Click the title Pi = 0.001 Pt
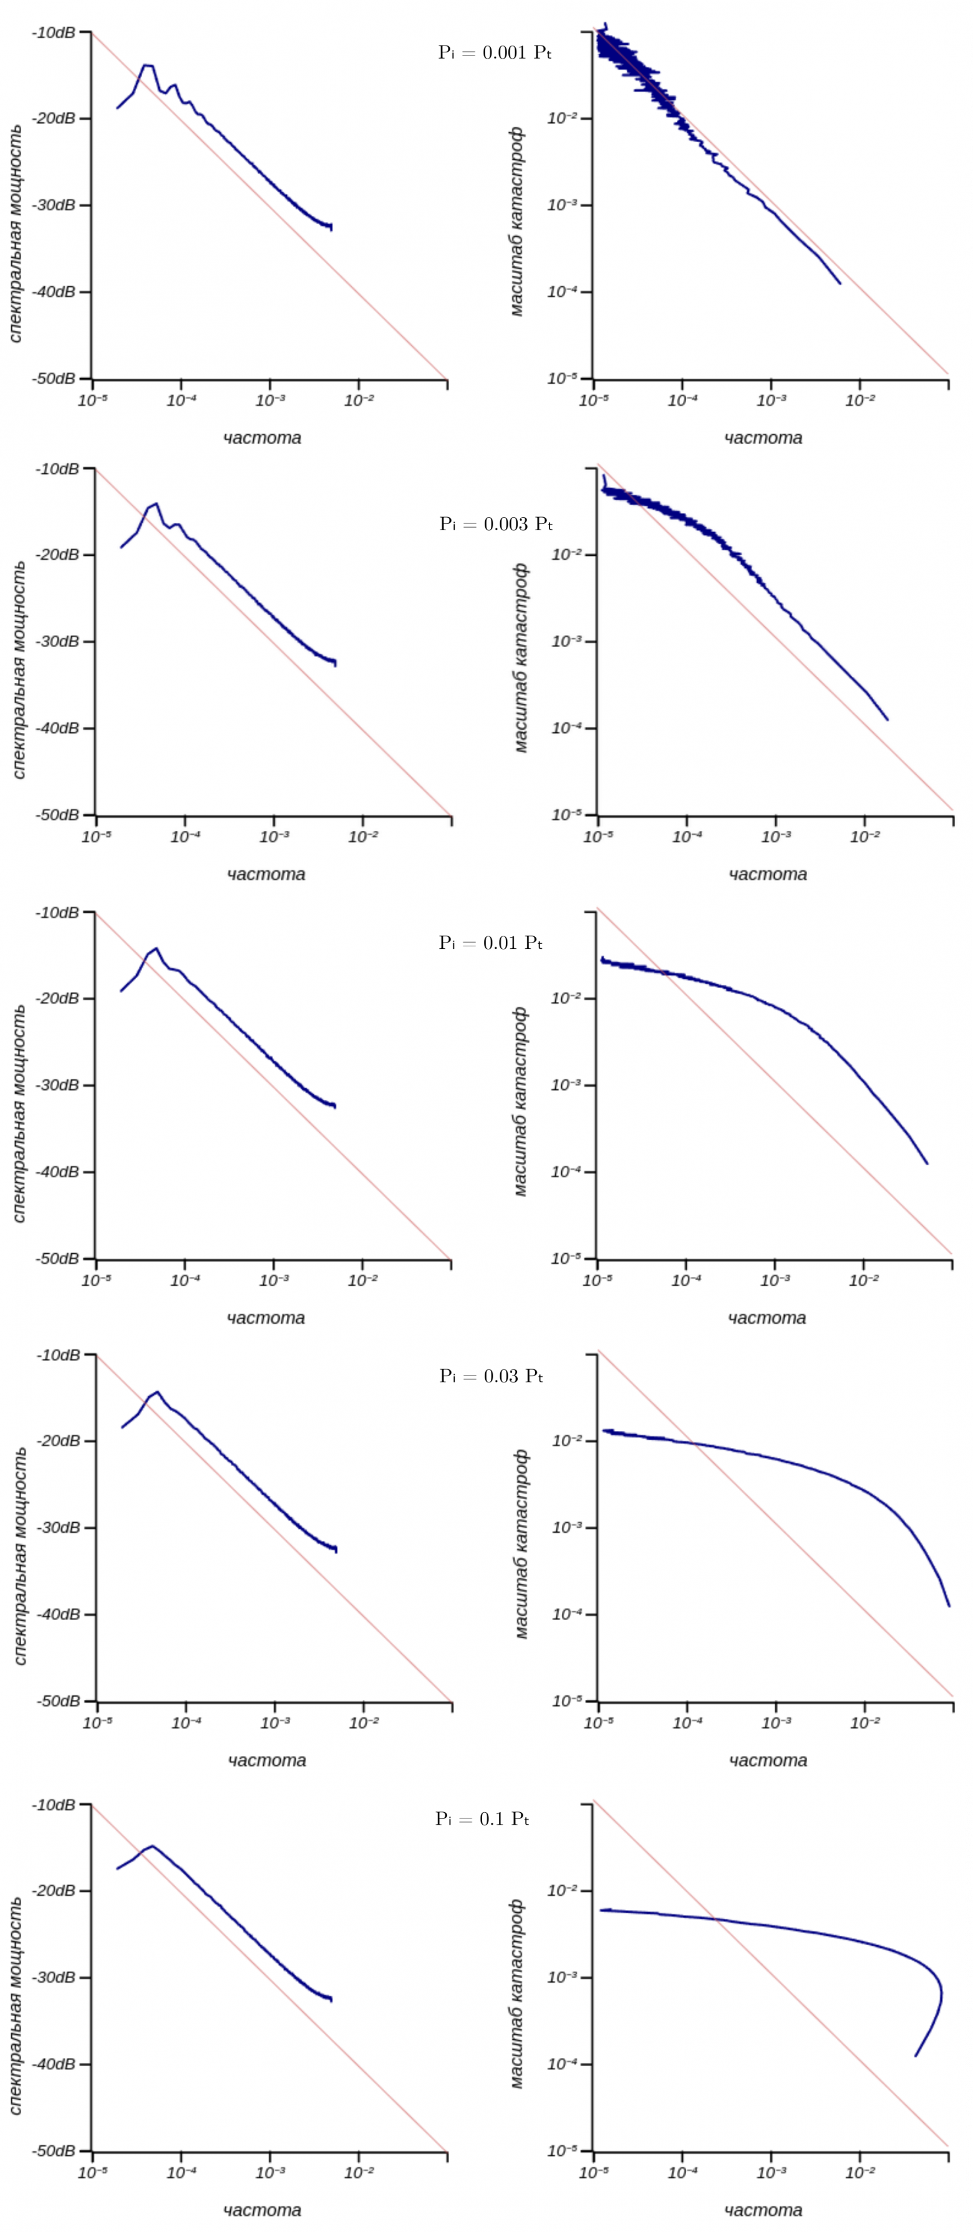click(x=495, y=53)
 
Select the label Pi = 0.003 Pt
click(x=496, y=524)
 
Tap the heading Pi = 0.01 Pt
click(x=490, y=943)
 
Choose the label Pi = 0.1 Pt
click(x=482, y=1818)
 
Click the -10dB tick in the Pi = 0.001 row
click(x=53, y=32)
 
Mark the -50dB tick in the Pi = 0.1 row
click(x=53, y=2150)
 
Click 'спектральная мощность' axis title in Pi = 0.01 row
click(x=19, y=1114)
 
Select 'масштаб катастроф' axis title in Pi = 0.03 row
click(x=521, y=1543)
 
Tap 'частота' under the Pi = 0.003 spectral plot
click(x=266, y=874)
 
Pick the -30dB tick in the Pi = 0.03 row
click(x=57, y=1528)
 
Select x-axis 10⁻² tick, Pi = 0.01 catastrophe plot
click(x=863, y=1279)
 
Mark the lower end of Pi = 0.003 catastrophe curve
click(x=887, y=719)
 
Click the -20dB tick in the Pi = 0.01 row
click(x=57, y=998)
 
